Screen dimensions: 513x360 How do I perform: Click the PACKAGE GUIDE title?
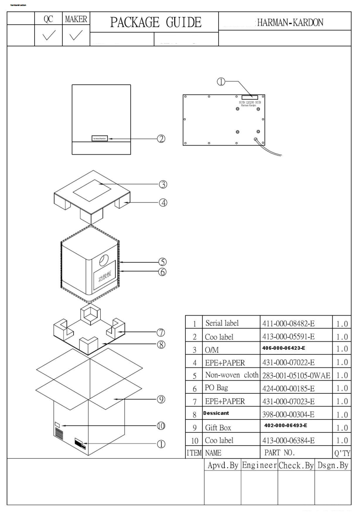click(x=155, y=22)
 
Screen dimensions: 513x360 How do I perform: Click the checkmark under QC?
click(x=45, y=35)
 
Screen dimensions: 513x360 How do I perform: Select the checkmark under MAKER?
click(x=76, y=35)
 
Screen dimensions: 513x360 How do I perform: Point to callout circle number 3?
click(x=162, y=184)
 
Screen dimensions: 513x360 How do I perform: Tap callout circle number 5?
click(x=162, y=262)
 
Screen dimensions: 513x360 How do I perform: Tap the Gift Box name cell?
click(x=218, y=428)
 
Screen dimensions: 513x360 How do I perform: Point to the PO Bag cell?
click(x=217, y=389)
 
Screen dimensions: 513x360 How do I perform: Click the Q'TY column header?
click(x=342, y=454)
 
